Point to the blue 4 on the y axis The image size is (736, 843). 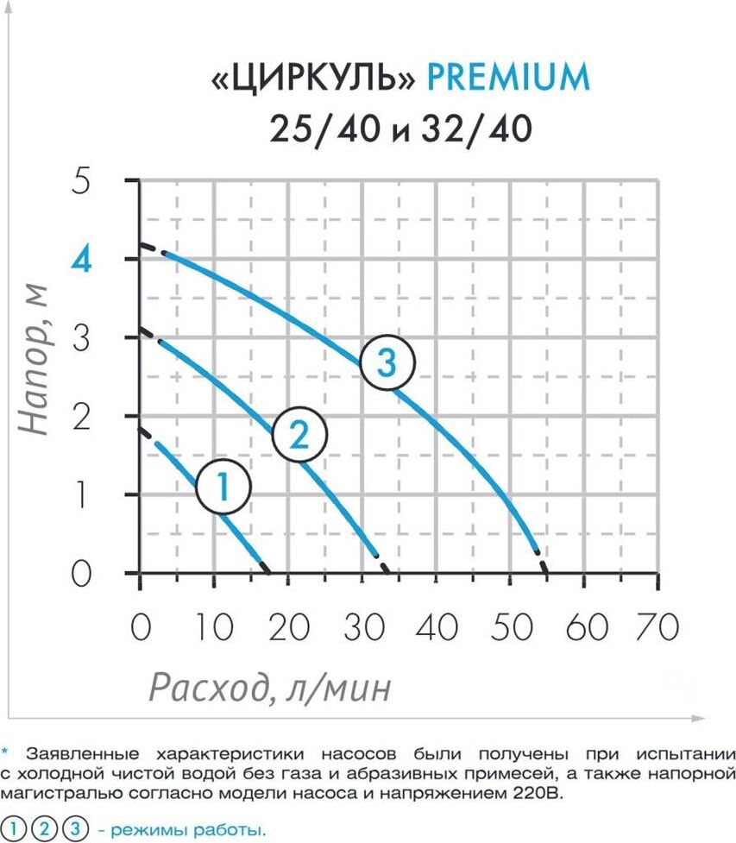(82, 260)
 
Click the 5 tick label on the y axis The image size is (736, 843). (82, 182)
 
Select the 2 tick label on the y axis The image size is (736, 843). (82, 417)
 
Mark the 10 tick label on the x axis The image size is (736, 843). (212, 627)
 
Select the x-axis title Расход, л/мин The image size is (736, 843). (270, 687)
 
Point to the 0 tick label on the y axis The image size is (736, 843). (82, 574)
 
